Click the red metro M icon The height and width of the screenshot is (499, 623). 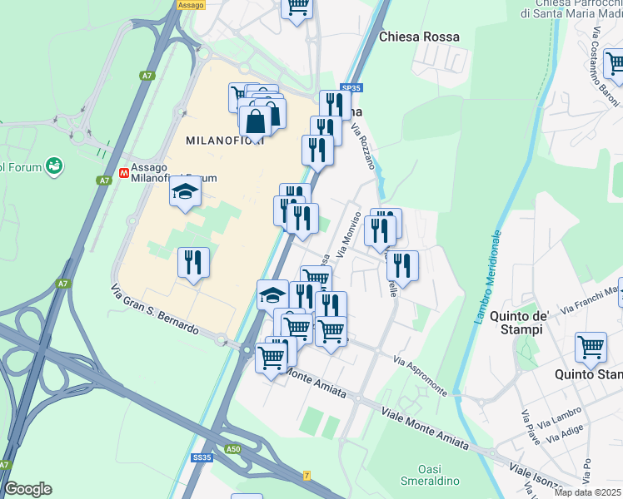point(124,174)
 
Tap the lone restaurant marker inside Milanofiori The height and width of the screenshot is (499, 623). point(192,263)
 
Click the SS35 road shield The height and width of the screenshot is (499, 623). point(202,457)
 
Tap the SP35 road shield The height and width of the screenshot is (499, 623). point(351,86)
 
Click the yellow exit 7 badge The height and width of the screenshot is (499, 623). point(307,474)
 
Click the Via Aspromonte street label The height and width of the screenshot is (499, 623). point(421,377)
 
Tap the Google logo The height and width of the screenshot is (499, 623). point(27,488)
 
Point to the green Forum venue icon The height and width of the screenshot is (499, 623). point(55,167)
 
